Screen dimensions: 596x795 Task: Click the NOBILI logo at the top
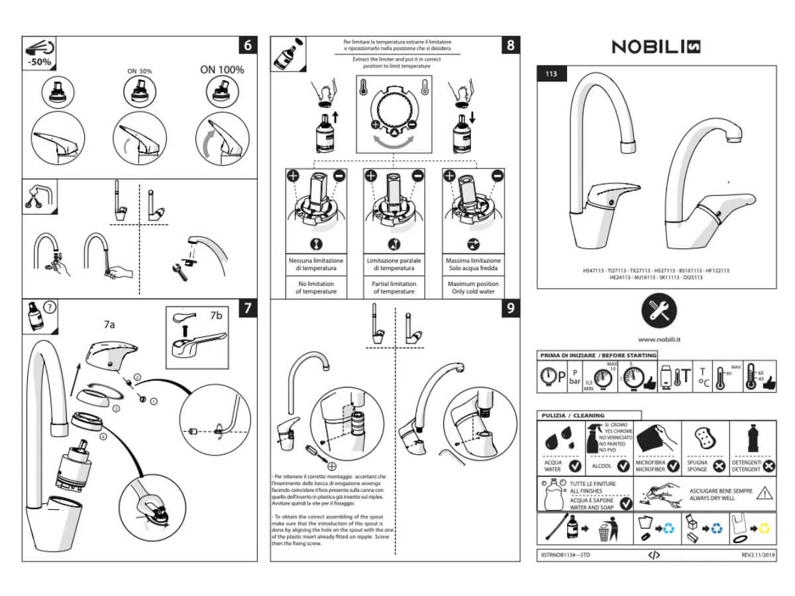[x=656, y=46]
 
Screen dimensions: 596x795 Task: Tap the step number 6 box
[x=247, y=46]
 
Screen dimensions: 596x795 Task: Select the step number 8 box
[x=510, y=46]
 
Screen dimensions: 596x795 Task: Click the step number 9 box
[x=510, y=309]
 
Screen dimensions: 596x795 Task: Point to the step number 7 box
[x=247, y=308]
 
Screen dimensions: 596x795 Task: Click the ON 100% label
[x=222, y=70]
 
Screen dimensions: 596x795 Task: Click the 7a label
[x=109, y=324]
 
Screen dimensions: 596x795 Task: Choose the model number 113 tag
[x=551, y=73]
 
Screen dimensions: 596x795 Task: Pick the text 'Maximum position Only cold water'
[x=472, y=288]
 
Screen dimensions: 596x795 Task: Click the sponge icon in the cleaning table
[x=700, y=438]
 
